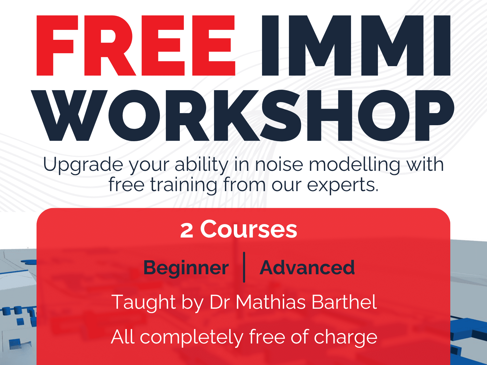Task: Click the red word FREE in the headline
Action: (136, 46)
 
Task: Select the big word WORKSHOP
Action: (242, 116)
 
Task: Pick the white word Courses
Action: (249, 229)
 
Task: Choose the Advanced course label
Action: (307, 268)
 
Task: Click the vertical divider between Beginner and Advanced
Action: (244, 267)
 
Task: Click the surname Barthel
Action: (344, 302)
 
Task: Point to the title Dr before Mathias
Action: (220, 302)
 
